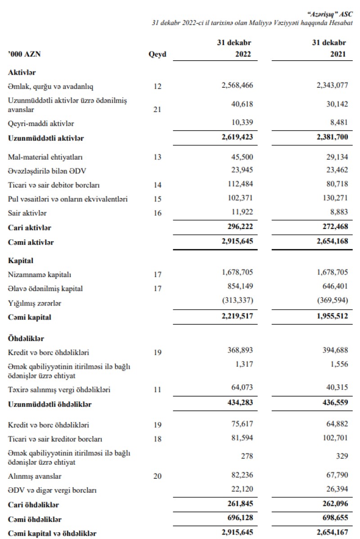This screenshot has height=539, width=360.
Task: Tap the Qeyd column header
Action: (157, 54)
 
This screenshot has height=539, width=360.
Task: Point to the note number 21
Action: (157, 109)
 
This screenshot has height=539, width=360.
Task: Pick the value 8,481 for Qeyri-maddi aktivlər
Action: (337, 123)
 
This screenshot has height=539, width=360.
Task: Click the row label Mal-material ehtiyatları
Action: (45, 157)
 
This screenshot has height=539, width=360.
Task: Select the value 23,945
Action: (243, 171)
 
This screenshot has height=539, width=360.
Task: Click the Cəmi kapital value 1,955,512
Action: (330, 317)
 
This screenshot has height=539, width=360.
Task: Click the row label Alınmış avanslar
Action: (34, 476)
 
